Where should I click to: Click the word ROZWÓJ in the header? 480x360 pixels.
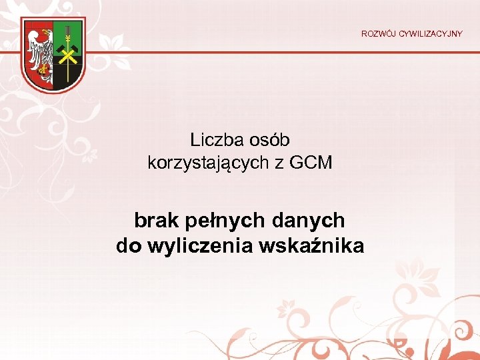(379, 33)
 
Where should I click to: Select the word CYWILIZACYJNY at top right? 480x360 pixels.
(431, 33)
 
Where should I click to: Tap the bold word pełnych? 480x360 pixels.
(222, 219)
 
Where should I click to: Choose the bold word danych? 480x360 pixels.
(308, 219)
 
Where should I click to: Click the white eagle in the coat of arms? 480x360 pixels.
(41, 50)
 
